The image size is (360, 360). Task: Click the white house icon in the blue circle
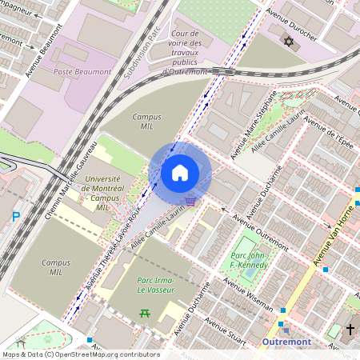(x=180, y=172)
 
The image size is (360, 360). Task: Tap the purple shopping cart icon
(x=190, y=201)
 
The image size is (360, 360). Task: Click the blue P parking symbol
(x=15, y=217)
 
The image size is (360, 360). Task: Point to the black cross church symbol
(x=350, y=330)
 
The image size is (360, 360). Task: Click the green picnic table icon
(x=145, y=313)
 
